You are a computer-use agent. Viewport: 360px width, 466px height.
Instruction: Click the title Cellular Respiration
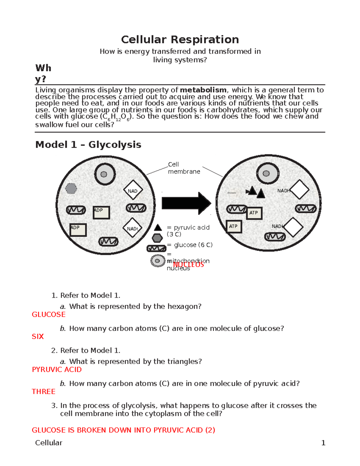[x=180, y=40]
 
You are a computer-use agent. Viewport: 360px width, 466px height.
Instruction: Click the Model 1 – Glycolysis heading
[x=88, y=145]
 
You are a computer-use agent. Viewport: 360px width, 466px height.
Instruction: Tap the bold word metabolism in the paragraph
[x=203, y=90]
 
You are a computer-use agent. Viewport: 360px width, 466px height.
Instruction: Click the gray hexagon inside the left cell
[x=71, y=188]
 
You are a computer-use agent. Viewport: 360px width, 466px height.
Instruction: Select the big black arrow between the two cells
[x=186, y=203]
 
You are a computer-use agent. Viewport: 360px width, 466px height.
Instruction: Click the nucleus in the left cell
[x=104, y=174]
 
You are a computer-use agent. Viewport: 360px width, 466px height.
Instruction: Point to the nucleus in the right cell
[x=267, y=173]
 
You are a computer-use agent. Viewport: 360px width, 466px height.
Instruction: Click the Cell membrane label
[x=184, y=168]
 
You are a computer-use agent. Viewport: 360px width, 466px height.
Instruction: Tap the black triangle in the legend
[x=158, y=228]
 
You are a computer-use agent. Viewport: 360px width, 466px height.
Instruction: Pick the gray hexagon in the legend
[x=157, y=238]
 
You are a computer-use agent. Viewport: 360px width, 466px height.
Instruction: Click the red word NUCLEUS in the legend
[x=188, y=265]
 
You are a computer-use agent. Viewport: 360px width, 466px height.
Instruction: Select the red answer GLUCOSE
[x=49, y=314]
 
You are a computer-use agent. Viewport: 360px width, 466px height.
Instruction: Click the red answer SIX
[x=38, y=337]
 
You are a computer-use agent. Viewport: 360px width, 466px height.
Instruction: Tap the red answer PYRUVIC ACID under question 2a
[x=57, y=370]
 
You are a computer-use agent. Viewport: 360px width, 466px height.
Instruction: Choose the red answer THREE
[x=43, y=392]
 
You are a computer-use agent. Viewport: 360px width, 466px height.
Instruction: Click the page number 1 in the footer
[x=323, y=443]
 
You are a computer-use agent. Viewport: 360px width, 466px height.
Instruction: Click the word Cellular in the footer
[x=49, y=443]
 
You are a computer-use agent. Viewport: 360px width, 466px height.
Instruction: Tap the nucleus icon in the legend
[x=157, y=261]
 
